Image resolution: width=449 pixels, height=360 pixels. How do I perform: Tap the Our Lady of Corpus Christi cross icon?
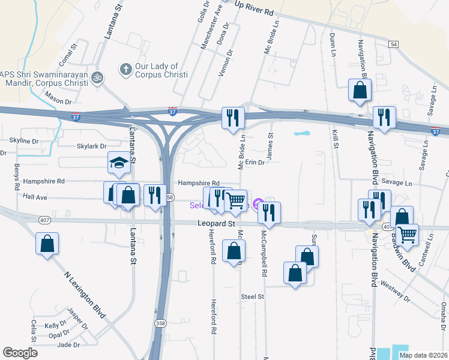(126, 70)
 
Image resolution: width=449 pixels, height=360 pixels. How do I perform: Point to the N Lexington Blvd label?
(85, 293)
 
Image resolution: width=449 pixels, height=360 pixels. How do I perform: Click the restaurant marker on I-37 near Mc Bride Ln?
(233, 117)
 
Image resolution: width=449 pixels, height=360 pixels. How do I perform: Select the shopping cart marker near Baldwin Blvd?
(408, 234)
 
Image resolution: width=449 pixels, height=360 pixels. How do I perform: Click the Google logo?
(20, 353)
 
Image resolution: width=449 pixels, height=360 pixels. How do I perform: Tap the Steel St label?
(252, 296)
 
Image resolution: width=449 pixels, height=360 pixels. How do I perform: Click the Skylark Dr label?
(91, 146)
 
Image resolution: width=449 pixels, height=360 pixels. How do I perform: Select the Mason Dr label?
(58, 101)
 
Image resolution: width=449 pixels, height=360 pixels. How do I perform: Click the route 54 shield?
(393, 44)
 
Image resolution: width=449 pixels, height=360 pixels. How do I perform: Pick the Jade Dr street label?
(68, 344)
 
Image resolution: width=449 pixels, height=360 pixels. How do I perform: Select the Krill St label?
(335, 139)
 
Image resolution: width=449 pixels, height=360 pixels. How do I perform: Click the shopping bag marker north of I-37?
(360, 90)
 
